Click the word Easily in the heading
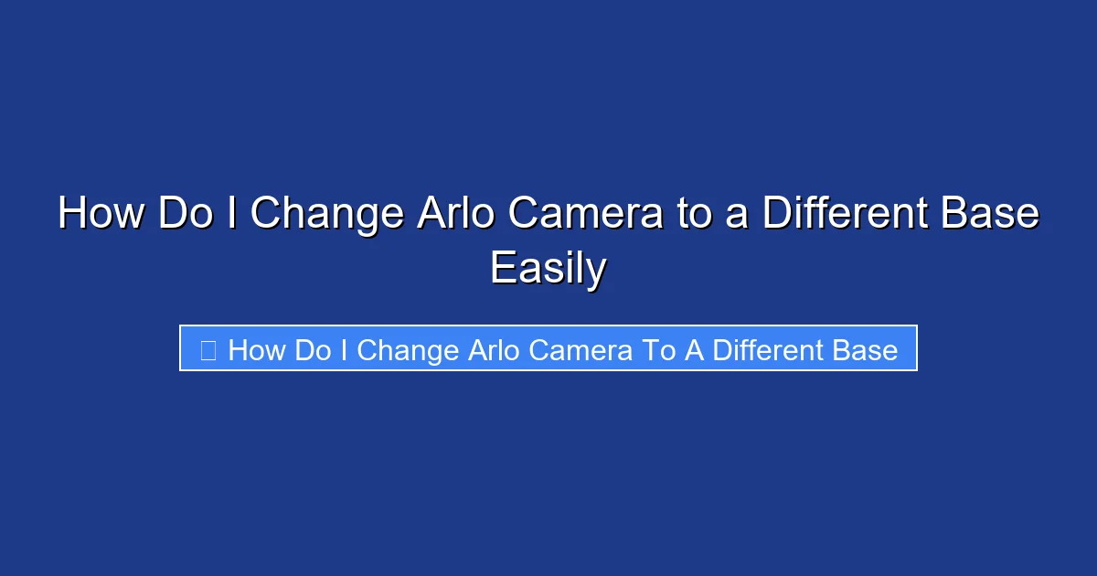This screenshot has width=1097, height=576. click(548, 269)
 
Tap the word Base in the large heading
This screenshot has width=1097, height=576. click(993, 214)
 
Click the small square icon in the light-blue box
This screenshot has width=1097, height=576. click(208, 350)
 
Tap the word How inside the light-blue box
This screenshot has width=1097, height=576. click(258, 350)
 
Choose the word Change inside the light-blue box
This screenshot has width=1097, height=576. click(407, 350)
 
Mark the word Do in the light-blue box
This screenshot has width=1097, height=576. click(314, 350)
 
